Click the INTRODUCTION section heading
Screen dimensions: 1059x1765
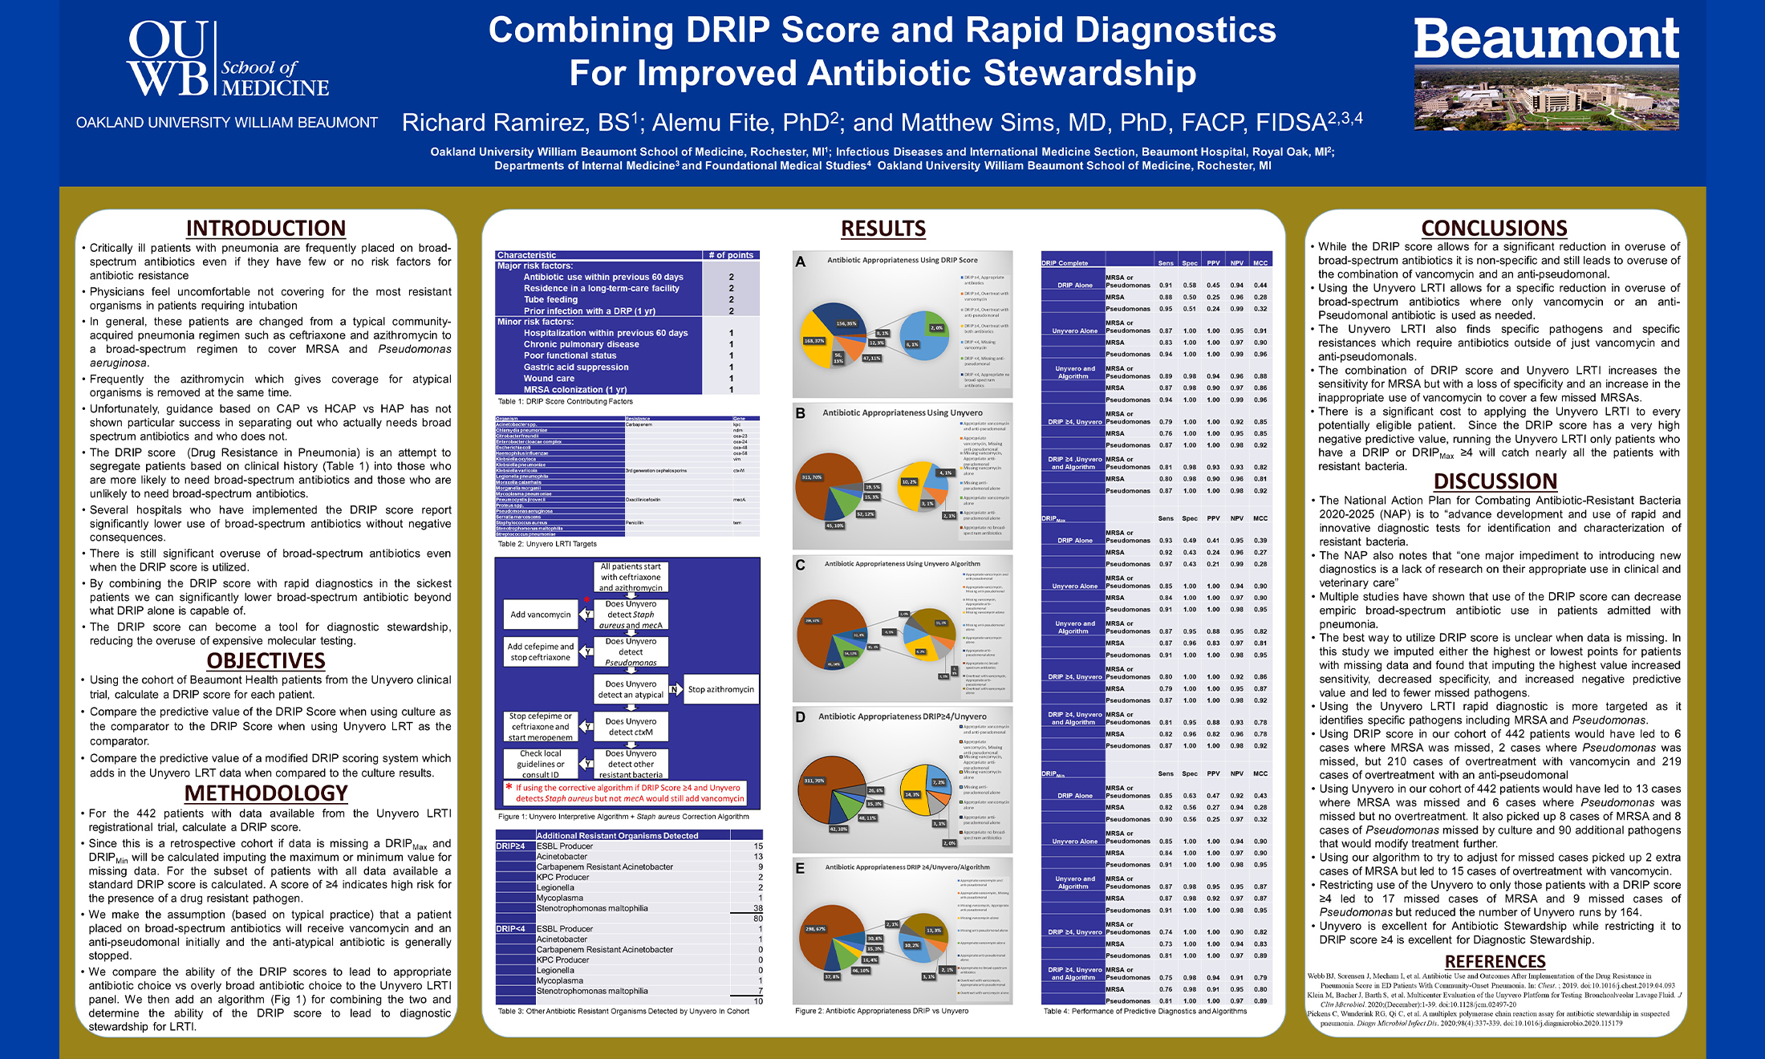pyautogui.click(x=266, y=229)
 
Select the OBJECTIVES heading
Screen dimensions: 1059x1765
pyautogui.click(x=266, y=661)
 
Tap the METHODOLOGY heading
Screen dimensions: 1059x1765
pyautogui.click(x=266, y=793)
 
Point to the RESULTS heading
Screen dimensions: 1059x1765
pyautogui.click(x=882, y=229)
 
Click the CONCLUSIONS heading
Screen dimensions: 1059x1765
pyautogui.click(x=1494, y=229)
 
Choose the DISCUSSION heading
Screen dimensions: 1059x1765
pyautogui.click(x=1495, y=481)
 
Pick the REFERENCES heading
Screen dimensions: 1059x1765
pyautogui.click(x=1495, y=961)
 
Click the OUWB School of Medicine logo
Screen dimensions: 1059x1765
pyautogui.click(x=227, y=60)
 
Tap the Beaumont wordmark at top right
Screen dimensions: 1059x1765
pyautogui.click(x=1546, y=39)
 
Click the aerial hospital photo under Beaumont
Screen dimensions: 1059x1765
pyautogui.click(x=1546, y=99)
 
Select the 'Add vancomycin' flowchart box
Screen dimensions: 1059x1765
pyautogui.click(x=541, y=615)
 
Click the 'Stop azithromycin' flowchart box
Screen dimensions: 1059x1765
pyautogui.click(x=720, y=689)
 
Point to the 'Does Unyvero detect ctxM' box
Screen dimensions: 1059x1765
pyautogui.click(x=631, y=727)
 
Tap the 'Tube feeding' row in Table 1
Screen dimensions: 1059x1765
pyautogui.click(x=550, y=299)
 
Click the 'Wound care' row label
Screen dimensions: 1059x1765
pyautogui.click(x=549, y=378)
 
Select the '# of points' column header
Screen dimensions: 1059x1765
pyautogui.click(x=731, y=255)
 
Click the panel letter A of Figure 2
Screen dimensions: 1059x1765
pyautogui.click(x=800, y=262)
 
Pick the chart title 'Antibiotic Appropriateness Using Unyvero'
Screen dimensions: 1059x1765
pyautogui.click(x=902, y=412)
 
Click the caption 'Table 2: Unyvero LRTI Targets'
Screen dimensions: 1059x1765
pyautogui.click(x=547, y=544)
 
